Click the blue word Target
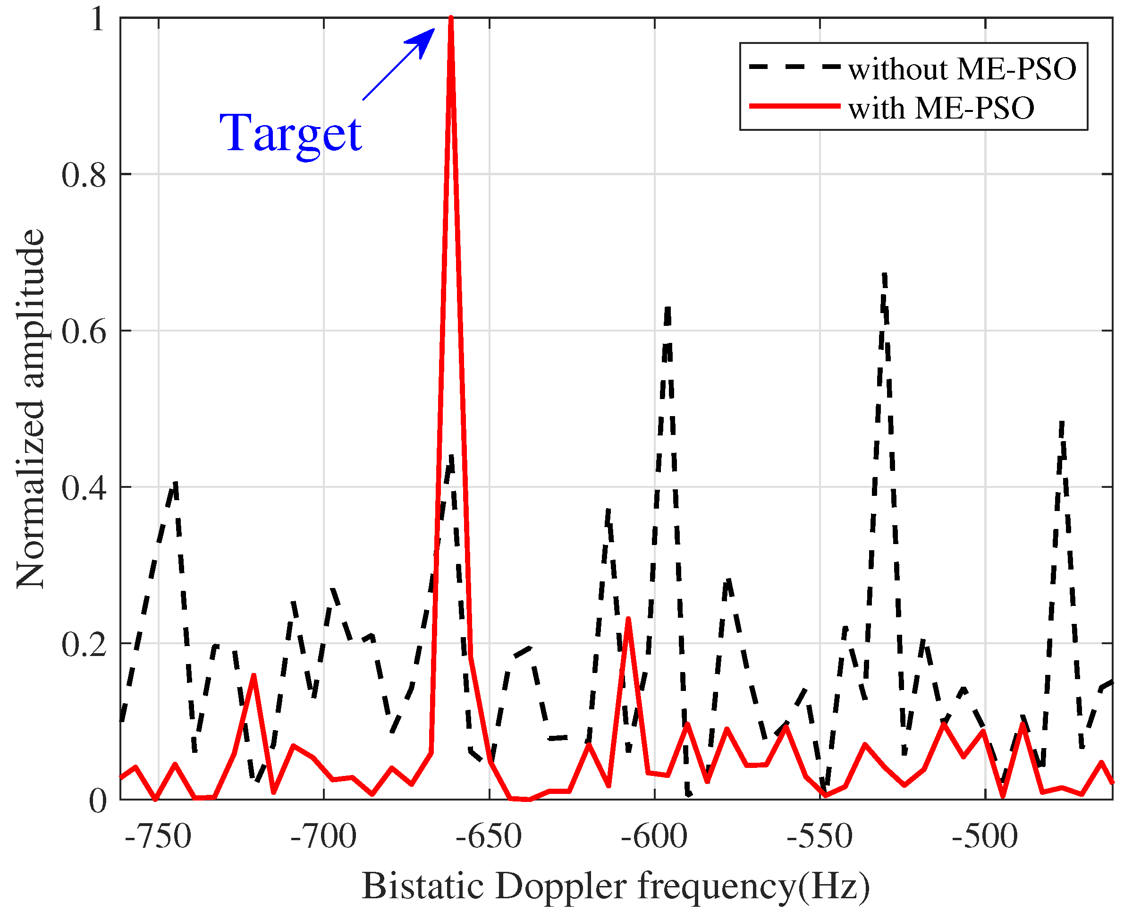tap(291, 133)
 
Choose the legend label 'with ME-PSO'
tap(941, 108)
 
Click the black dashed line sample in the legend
tap(794, 68)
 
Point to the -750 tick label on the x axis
tap(158, 836)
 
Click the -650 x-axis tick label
tap(489, 836)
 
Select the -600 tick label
tap(654, 836)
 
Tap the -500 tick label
tap(985, 836)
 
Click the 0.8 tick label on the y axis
tap(84, 175)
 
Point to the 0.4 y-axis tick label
tap(84, 487)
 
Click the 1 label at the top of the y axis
tap(97, 20)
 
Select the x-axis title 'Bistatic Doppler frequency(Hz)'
tap(616, 886)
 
